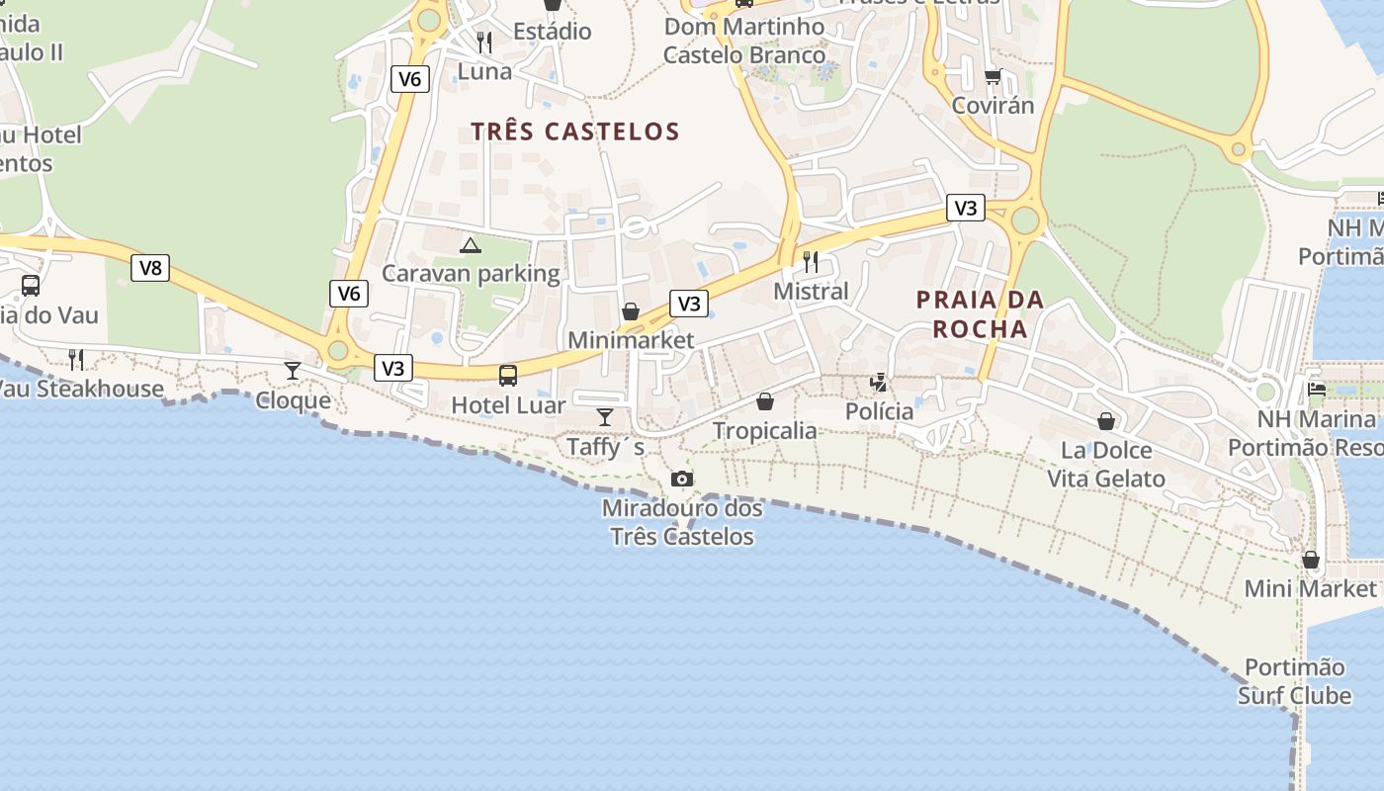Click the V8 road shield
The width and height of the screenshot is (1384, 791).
tap(150, 267)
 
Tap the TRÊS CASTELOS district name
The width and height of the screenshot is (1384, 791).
tap(575, 132)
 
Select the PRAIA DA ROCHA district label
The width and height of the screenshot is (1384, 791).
tap(980, 313)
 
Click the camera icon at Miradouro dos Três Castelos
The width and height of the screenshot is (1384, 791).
tap(681, 480)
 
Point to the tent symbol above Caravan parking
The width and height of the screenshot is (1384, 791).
tap(471, 245)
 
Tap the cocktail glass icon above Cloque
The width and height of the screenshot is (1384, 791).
tap(293, 371)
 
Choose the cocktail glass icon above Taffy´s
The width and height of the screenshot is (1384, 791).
tap(605, 417)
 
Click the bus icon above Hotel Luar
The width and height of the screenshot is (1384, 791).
tap(508, 376)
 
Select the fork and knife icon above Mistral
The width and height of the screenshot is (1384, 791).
tap(811, 262)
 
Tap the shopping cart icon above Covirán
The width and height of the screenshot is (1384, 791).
tap(993, 77)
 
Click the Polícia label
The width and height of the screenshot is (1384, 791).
tap(879, 411)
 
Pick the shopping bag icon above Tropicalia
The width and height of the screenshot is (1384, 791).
tap(765, 401)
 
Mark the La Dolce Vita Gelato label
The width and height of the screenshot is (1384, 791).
tap(1106, 465)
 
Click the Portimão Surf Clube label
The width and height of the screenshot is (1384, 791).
tap(1294, 681)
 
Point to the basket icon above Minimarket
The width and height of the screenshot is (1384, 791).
tap(630, 312)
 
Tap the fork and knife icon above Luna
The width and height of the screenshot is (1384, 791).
tap(484, 43)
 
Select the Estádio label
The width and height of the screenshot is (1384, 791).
tap(553, 32)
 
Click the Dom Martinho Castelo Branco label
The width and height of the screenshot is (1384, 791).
tap(744, 41)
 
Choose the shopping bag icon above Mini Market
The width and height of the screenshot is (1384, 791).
tap(1311, 561)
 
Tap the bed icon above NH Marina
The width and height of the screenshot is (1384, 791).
tap(1317, 390)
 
